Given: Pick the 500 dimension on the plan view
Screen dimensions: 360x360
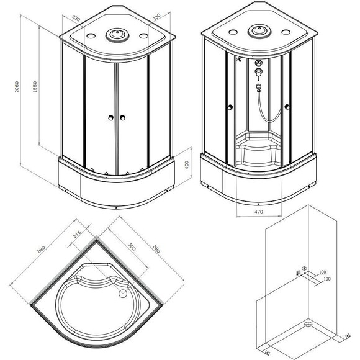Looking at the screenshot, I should point(132,246).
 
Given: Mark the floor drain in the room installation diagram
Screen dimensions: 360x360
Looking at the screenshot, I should point(307,323).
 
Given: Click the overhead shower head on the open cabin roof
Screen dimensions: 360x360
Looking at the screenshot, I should point(257,30).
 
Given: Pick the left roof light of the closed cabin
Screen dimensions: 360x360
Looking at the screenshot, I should point(86,35).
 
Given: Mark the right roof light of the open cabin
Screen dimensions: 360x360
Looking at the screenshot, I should point(284,32).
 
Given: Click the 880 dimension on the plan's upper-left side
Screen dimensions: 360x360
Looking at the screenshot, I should point(42,250).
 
